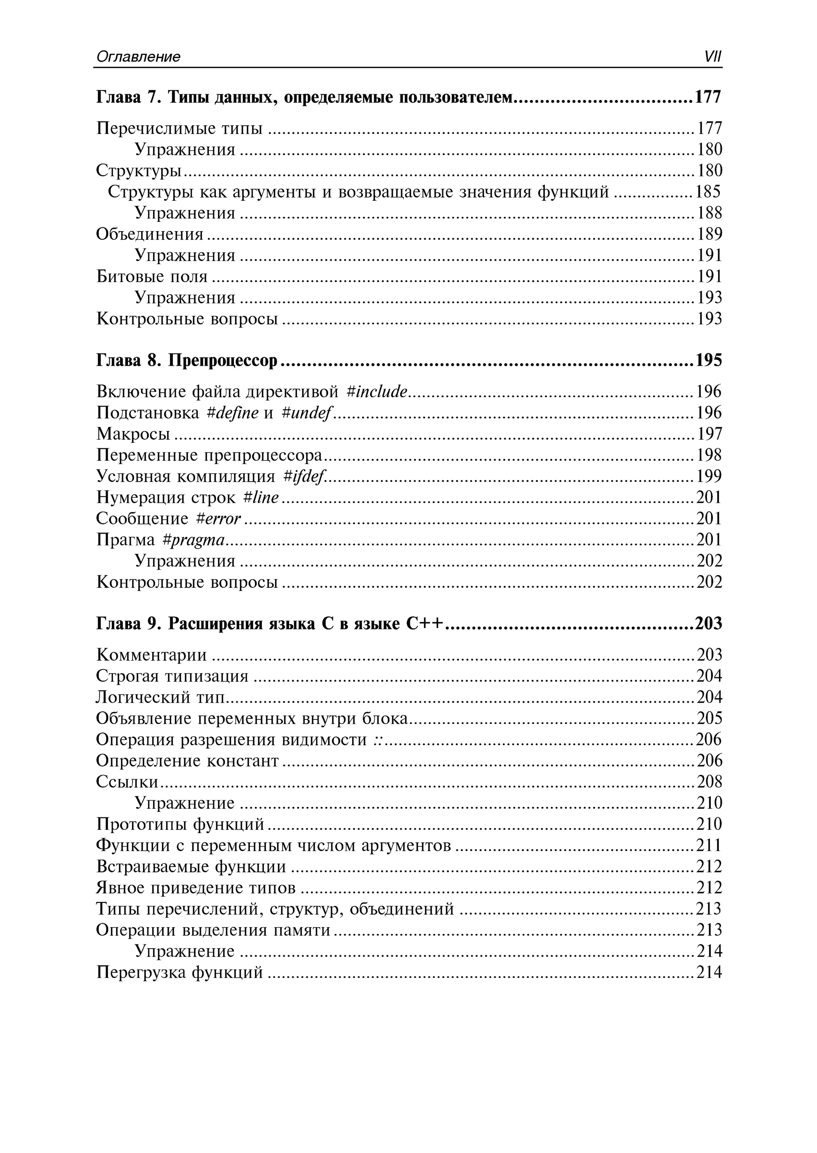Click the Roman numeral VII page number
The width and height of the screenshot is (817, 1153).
[x=713, y=56]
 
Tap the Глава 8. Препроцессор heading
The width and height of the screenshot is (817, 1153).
[x=187, y=361]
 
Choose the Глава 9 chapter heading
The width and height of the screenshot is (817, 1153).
[x=270, y=623]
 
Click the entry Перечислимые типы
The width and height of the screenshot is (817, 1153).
[x=179, y=128]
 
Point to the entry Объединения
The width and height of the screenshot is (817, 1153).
[x=149, y=234]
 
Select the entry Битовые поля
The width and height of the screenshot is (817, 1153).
[x=151, y=276]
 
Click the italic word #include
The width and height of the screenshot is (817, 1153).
[x=377, y=392]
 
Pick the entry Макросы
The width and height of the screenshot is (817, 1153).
[x=133, y=434]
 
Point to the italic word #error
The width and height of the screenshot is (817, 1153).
[x=218, y=518]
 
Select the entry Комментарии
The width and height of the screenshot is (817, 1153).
[x=151, y=655]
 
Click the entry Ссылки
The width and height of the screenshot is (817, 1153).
[x=127, y=782]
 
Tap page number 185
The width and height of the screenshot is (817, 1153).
[x=708, y=192]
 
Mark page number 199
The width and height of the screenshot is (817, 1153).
[x=709, y=476]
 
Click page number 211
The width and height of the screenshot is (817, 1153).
[x=709, y=845]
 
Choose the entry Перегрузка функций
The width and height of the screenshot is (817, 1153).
[x=180, y=972]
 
